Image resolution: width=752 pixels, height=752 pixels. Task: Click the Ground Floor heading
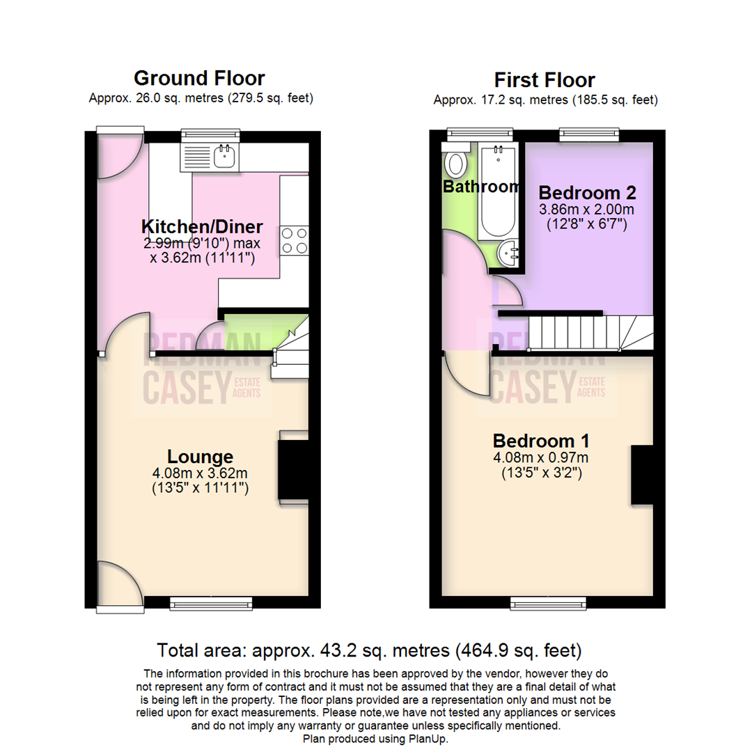click(199, 77)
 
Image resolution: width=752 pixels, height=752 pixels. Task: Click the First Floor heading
click(545, 79)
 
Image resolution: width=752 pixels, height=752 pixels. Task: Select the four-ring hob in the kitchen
click(294, 240)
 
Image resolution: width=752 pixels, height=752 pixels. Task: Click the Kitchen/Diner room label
click(202, 226)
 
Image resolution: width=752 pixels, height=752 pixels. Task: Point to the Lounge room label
click(200, 457)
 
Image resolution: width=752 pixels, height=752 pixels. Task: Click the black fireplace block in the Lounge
click(293, 470)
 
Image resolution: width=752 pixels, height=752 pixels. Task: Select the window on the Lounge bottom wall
click(211, 603)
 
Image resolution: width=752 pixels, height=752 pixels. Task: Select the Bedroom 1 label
click(541, 441)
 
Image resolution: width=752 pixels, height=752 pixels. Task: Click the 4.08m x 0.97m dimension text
click(541, 457)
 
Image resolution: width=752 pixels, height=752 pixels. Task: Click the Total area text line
click(369, 651)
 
